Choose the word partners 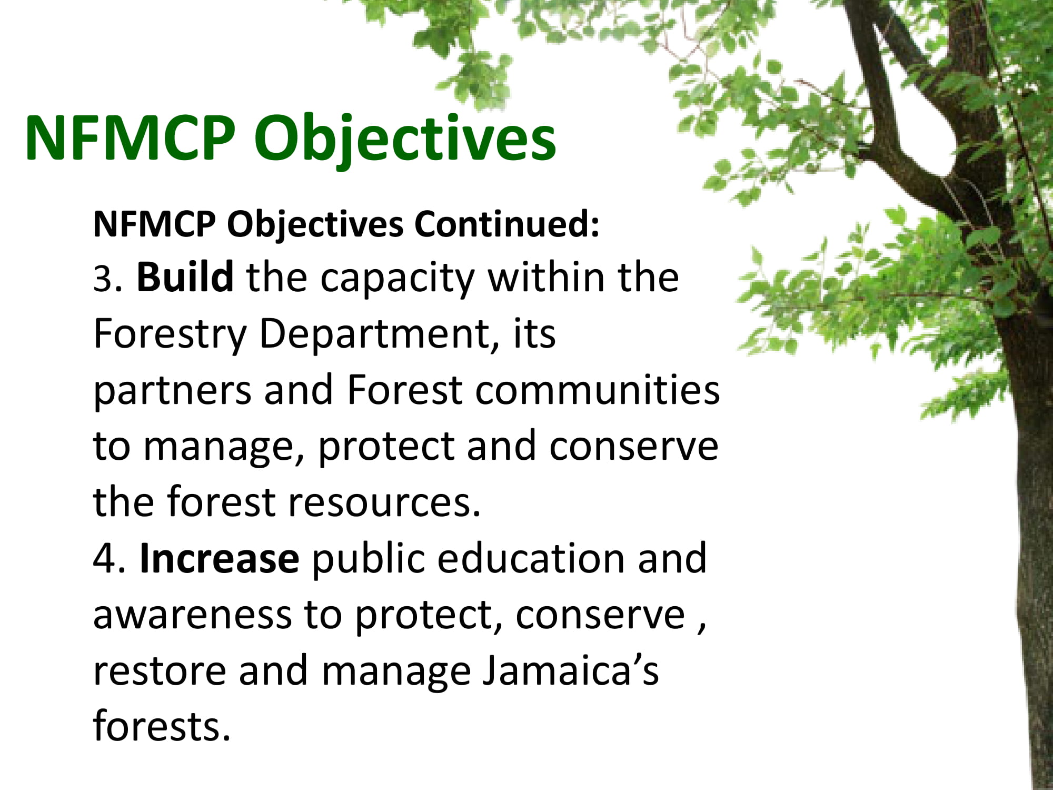coord(172,392)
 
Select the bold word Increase coord(220,558)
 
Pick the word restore coord(160,672)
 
